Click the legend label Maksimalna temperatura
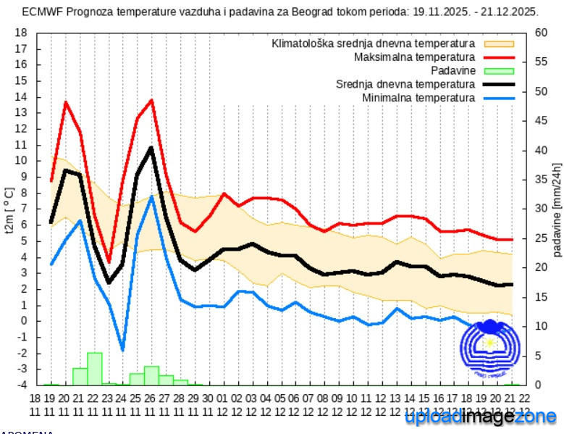pos(414,57)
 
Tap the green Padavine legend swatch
pos(499,70)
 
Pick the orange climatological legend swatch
pos(499,43)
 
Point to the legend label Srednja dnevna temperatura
pos(405,84)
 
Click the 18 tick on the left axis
pos(21,33)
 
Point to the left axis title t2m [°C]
pos(9,210)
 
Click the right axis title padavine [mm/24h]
pos(557,210)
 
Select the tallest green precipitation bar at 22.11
pos(94,369)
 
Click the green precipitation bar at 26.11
pos(151,375)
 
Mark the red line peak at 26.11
pos(151,100)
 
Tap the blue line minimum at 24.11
pos(122,349)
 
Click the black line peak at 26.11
pos(151,148)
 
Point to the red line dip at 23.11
pos(109,262)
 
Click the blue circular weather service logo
pos(490,349)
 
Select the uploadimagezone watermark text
pos(481,417)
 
